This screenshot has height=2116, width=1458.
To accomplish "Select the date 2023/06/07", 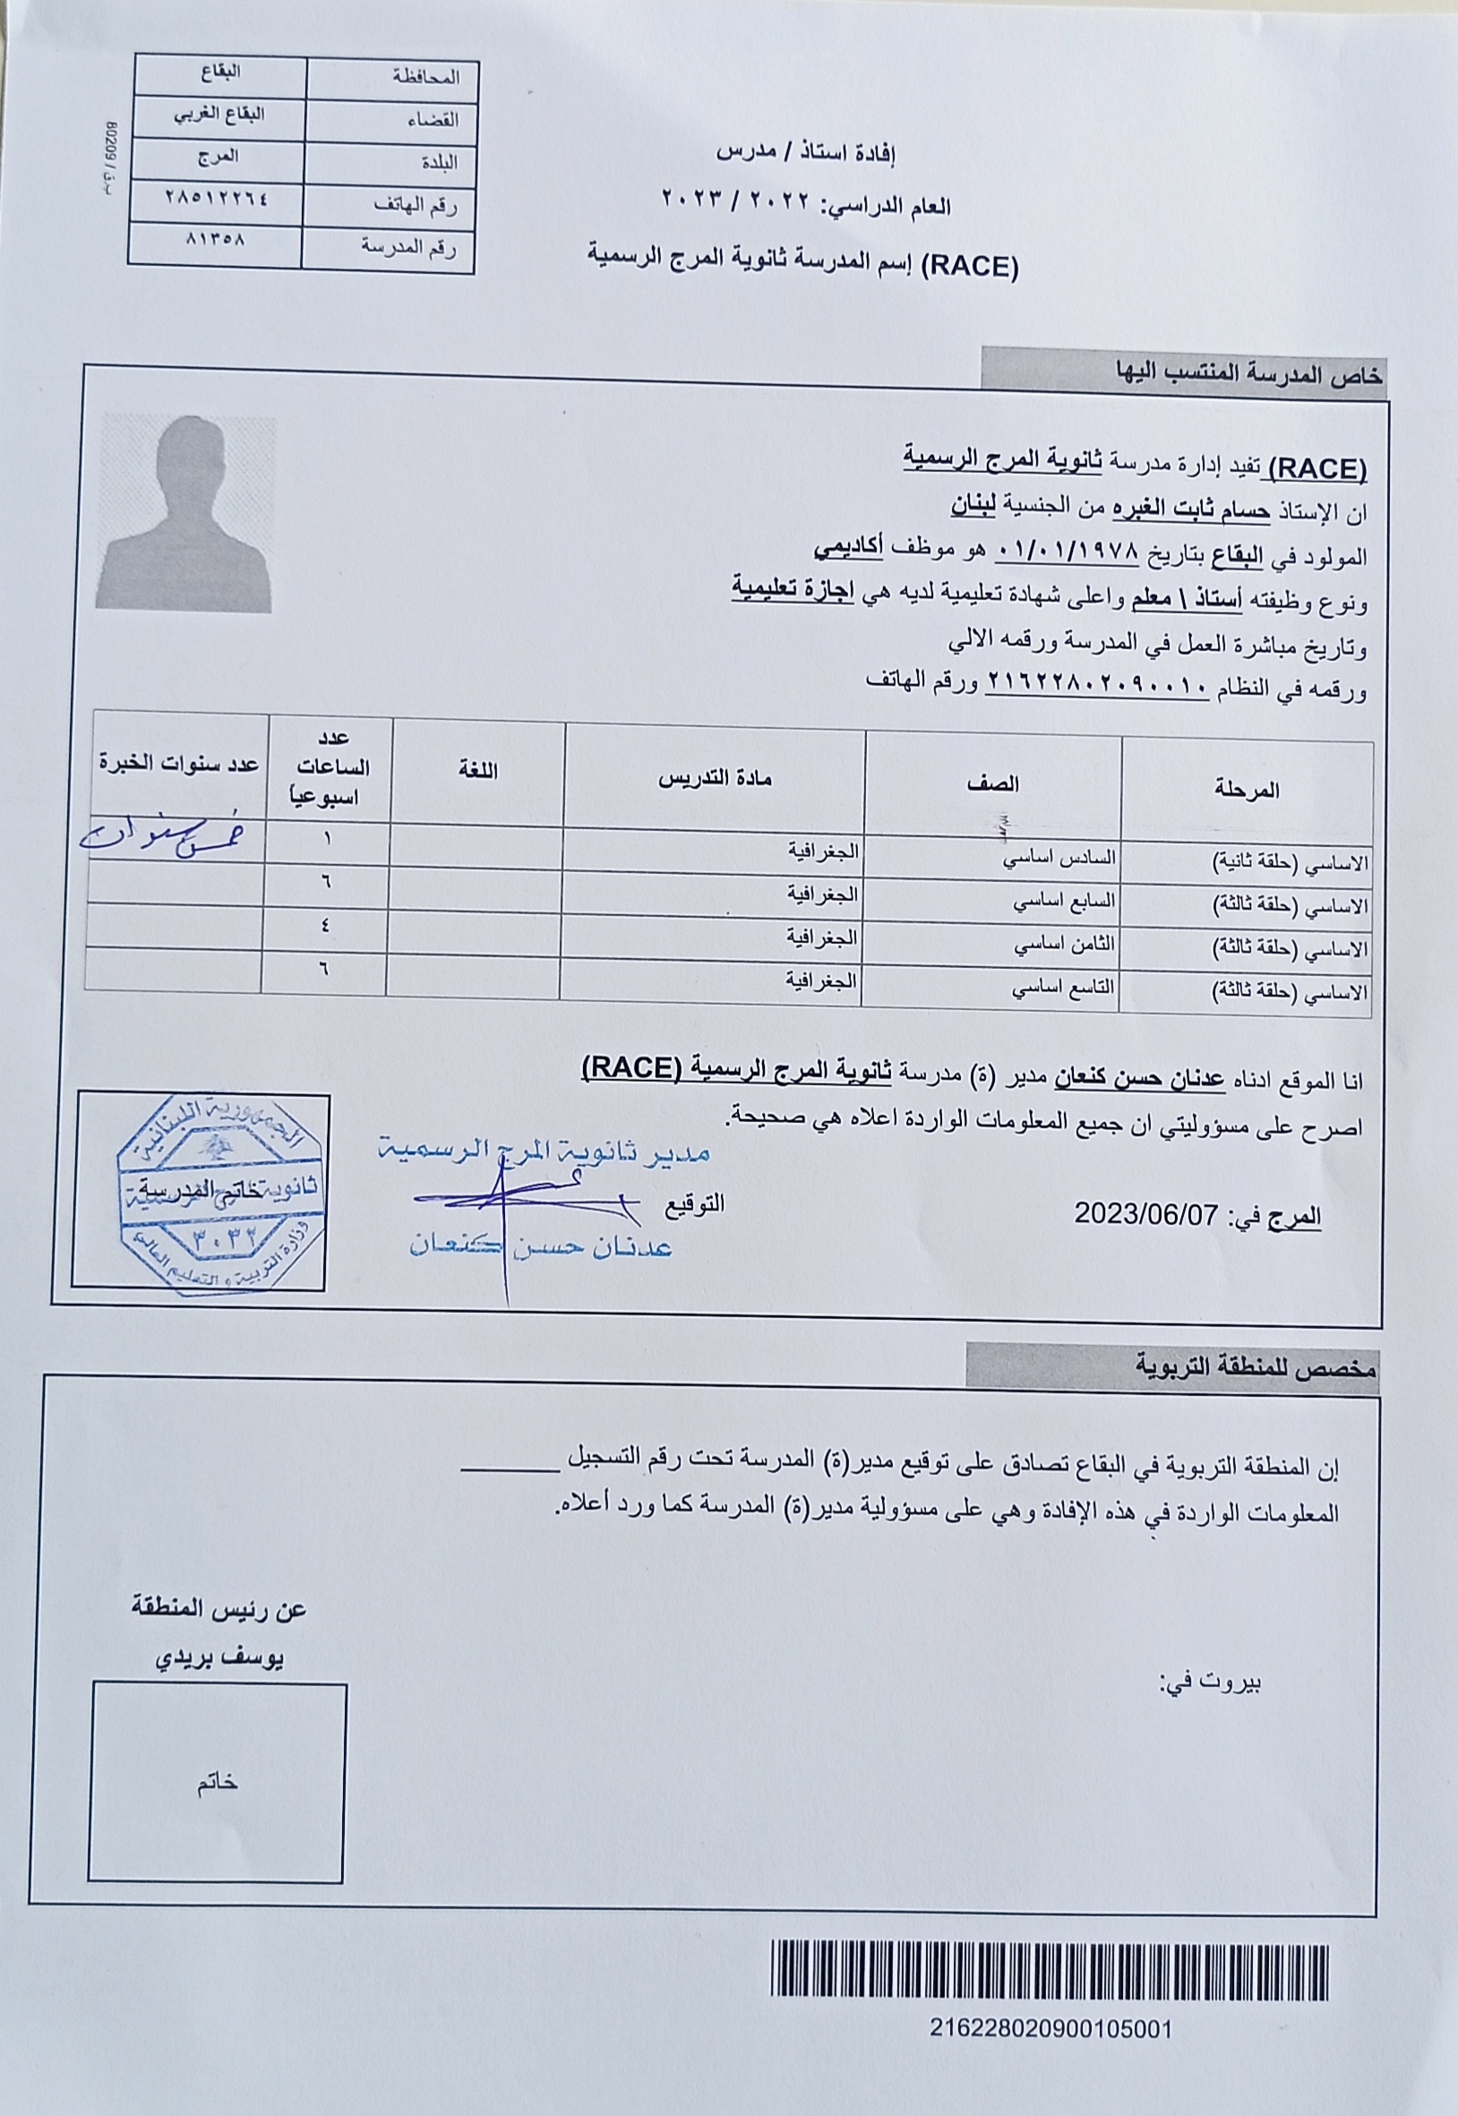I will click(1146, 1213).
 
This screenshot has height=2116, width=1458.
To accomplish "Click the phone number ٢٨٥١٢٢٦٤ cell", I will click(218, 198).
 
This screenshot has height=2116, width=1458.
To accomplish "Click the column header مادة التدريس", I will click(716, 779).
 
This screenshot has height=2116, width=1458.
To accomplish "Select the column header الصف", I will click(993, 783).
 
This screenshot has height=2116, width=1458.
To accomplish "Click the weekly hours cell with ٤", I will click(326, 924).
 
